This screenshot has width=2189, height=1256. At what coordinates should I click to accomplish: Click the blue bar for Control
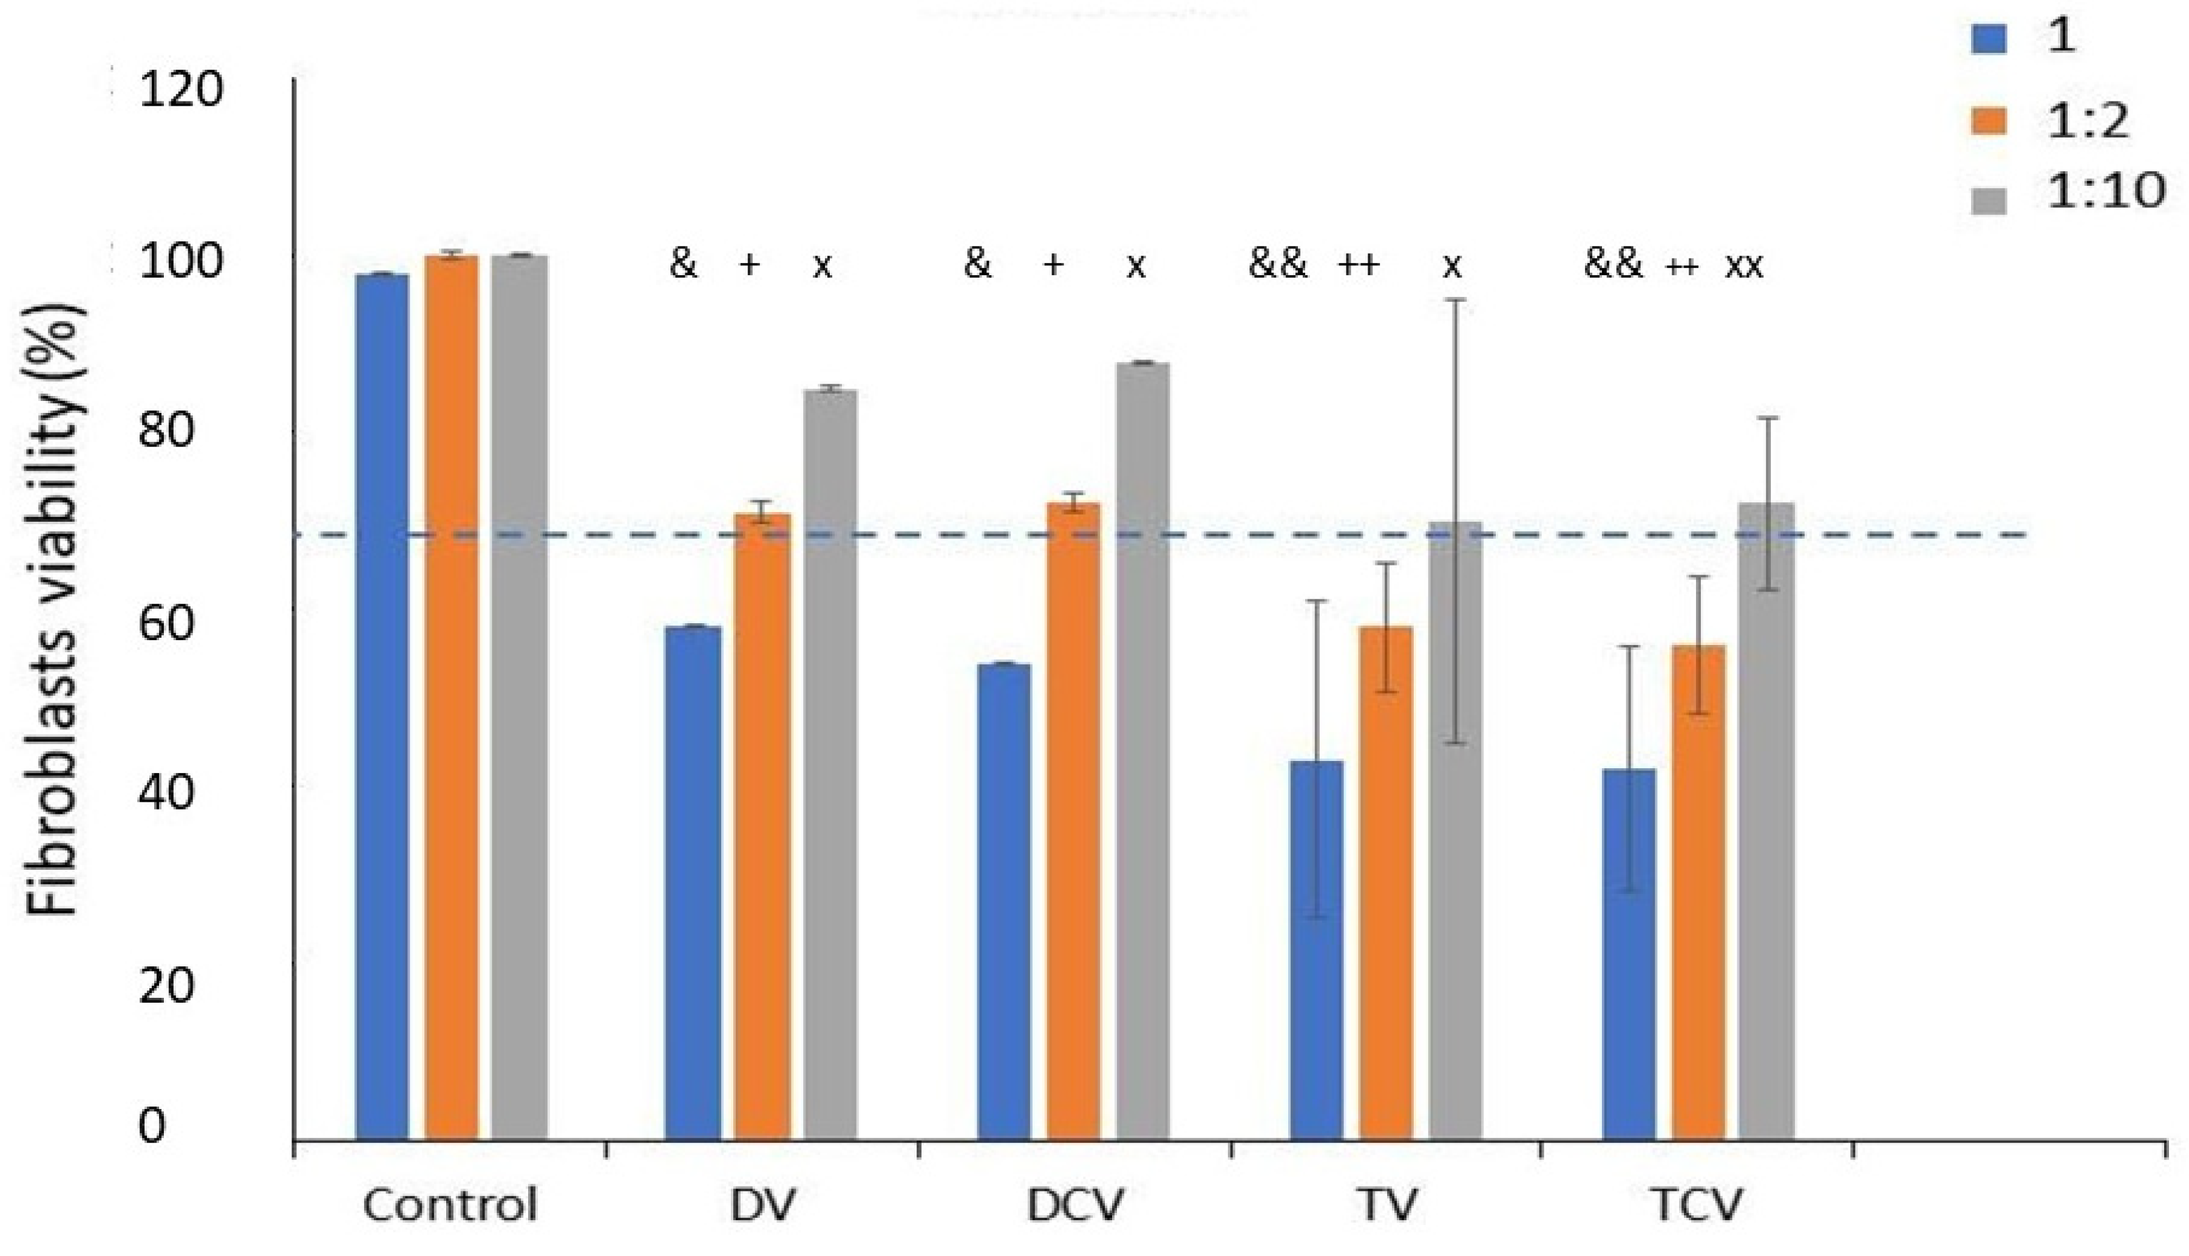click(382, 708)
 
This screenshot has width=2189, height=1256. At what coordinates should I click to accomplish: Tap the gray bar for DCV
click(1143, 751)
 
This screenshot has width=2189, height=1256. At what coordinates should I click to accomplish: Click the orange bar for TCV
click(1699, 892)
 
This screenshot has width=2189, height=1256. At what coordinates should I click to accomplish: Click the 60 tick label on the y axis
click(164, 623)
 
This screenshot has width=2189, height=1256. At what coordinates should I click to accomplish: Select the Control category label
click(450, 1205)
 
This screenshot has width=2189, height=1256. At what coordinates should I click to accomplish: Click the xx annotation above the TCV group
click(1743, 265)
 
